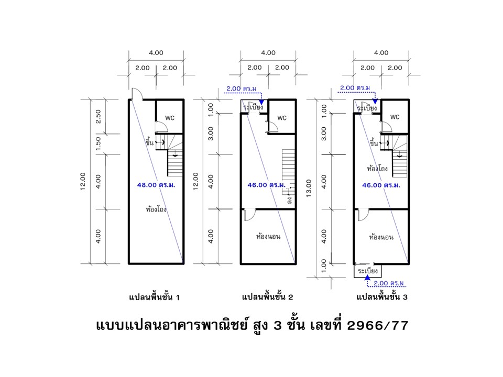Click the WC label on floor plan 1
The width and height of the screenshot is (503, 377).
(x=170, y=118)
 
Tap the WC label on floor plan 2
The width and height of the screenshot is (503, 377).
(x=282, y=118)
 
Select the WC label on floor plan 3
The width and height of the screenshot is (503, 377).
(x=395, y=117)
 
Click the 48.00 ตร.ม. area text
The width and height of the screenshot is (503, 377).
(x=156, y=185)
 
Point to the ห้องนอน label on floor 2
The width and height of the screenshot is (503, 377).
(x=268, y=237)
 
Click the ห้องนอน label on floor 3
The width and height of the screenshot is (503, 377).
(x=381, y=237)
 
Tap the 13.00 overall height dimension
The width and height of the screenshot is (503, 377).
(x=309, y=188)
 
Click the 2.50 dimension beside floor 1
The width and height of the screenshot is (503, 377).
(x=98, y=116)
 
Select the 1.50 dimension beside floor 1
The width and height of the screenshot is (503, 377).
(x=98, y=143)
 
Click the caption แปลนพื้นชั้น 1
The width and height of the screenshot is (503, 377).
(x=154, y=297)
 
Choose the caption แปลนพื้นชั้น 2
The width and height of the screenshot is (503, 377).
(x=268, y=297)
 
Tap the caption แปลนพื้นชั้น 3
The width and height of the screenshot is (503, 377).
(x=382, y=297)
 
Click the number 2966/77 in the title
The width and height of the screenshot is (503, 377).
(x=378, y=326)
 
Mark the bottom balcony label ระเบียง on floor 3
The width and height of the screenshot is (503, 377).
(x=368, y=271)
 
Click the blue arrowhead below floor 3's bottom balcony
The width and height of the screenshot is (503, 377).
(x=368, y=278)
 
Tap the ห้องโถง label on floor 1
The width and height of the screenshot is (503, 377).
(x=156, y=209)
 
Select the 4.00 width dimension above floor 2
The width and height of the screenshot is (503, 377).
(x=268, y=52)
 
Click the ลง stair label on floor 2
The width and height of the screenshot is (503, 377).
(x=289, y=201)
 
